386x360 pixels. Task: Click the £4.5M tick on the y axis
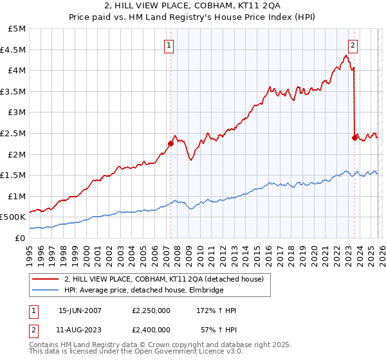(x=14, y=50)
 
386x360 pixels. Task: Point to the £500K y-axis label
(x=13, y=217)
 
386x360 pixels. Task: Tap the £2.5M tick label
(x=14, y=133)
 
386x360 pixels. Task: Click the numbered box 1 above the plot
(x=169, y=45)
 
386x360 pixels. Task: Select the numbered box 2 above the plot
(x=353, y=45)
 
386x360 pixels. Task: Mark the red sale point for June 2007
(x=170, y=143)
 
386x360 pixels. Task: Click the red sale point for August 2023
(x=354, y=137)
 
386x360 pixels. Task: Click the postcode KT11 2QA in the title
(x=225, y=6)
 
